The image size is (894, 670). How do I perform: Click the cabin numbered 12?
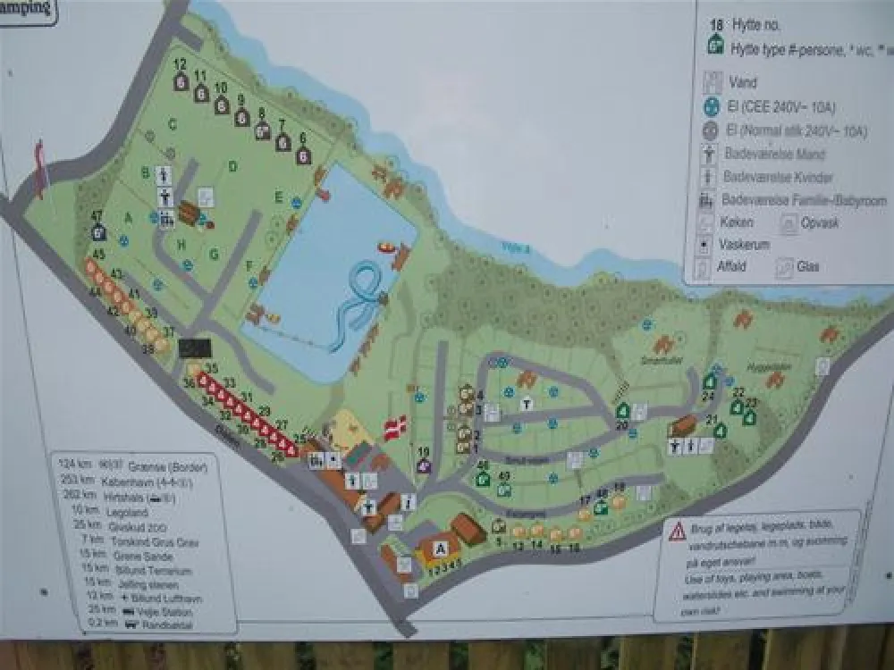tap(181, 82)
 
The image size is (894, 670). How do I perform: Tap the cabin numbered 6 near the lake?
tap(303, 155)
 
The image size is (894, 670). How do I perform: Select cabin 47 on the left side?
tap(98, 232)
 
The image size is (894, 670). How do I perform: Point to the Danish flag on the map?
tap(394, 427)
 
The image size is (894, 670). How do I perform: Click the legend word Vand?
tap(743, 83)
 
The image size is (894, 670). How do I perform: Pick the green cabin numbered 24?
tap(710, 381)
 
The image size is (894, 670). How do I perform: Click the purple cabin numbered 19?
tap(424, 465)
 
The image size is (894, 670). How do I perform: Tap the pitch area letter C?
tap(172, 124)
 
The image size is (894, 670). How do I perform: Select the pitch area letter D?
tap(232, 166)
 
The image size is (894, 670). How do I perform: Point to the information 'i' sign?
tap(408, 501)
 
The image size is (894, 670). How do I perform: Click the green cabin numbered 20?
tap(622, 410)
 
